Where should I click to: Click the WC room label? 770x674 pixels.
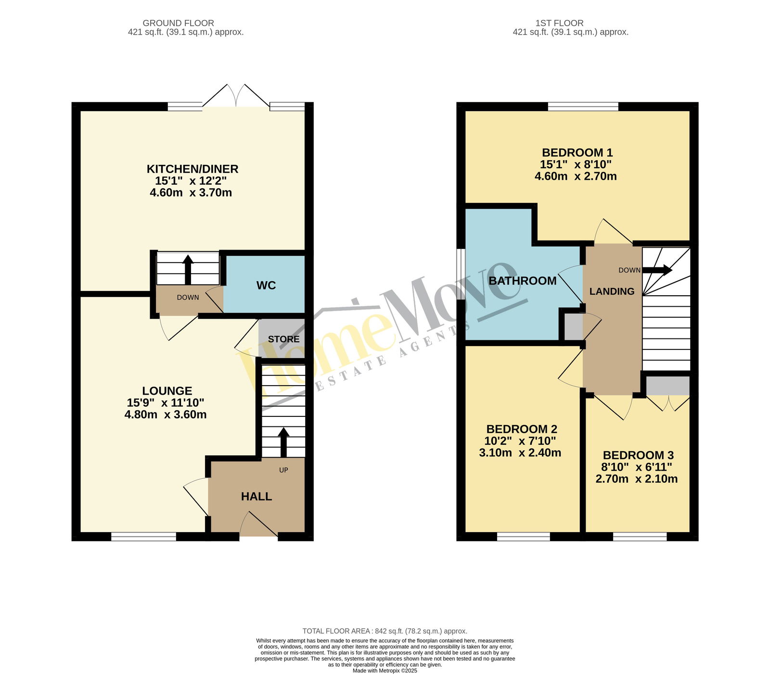tap(266, 286)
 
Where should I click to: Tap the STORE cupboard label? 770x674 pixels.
tap(284, 339)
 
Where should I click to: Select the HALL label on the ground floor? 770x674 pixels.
tap(257, 497)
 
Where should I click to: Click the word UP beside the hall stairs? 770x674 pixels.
tap(283, 470)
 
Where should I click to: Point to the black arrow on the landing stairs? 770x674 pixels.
tap(657, 270)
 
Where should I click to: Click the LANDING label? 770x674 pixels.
tap(612, 291)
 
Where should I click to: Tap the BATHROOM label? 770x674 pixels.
tap(523, 281)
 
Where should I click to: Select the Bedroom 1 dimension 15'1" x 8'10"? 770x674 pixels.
tap(576, 164)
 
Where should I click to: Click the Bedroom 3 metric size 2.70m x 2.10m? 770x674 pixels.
tap(637, 479)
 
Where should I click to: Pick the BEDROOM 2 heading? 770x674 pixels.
tap(522, 429)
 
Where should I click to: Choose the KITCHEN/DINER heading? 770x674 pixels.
tap(192, 169)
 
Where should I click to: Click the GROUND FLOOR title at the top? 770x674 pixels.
tap(179, 23)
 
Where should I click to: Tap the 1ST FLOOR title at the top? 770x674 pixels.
tap(560, 23)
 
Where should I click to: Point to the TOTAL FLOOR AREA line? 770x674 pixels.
tap(385, 631)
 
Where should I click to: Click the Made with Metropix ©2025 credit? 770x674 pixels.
tap(385, 671)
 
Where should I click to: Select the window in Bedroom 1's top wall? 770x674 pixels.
tap(583, 106)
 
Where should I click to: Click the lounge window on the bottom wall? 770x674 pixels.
tap(144, 537)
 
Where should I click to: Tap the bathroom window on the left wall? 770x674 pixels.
tap(461, 274)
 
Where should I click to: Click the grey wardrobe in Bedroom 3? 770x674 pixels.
tap(668, 386)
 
